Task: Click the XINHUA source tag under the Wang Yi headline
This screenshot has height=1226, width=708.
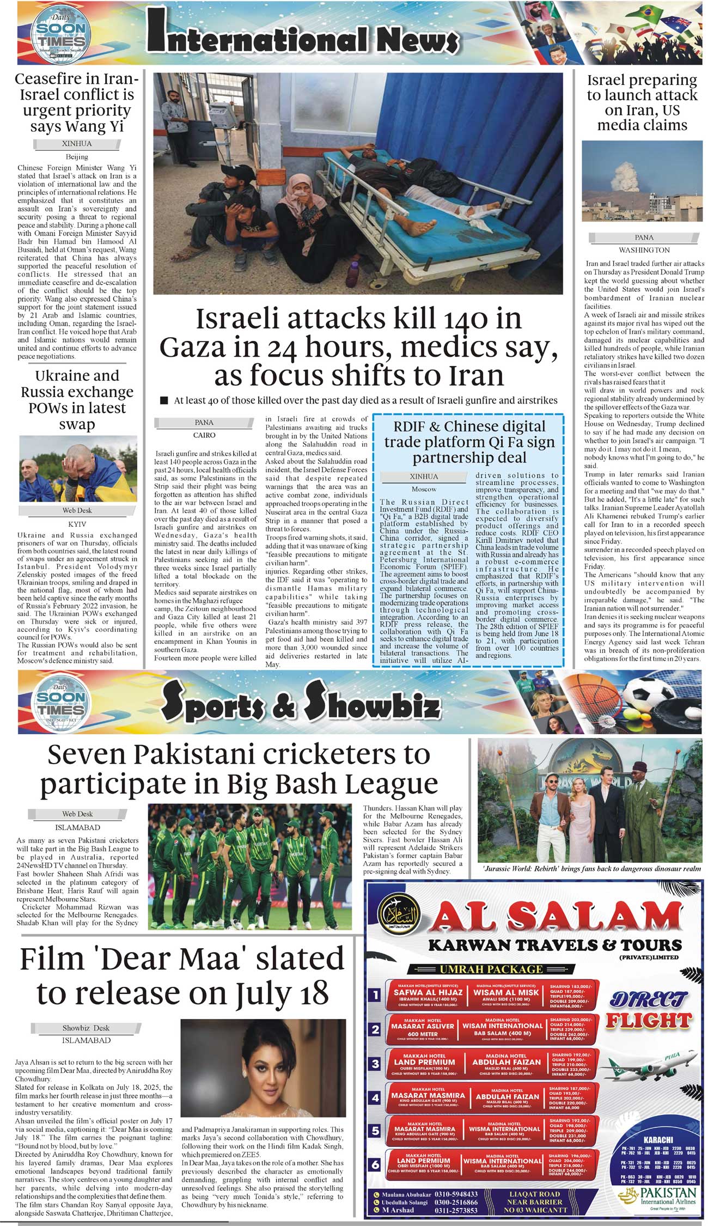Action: click(x=77, y=144)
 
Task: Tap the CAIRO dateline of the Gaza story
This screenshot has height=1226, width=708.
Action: click(x=204, y=435)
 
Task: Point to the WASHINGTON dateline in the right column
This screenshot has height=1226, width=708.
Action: click(x=644, y=250)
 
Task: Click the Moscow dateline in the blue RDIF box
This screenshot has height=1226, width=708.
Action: click(x=424, y=489)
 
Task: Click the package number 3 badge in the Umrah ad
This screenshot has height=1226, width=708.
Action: click(x=375, y=1063)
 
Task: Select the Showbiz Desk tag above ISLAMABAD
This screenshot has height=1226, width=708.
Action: click(x=86, y=1028)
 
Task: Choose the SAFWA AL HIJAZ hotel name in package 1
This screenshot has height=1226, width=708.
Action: click(x=424, y=992)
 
